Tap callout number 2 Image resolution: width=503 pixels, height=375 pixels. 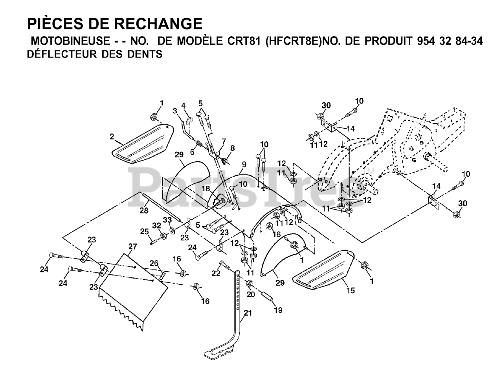click(112, 137)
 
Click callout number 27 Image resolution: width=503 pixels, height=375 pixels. click(132, 247)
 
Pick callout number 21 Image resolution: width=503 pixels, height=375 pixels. click(248, 313)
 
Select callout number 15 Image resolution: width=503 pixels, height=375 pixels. click(351, 290)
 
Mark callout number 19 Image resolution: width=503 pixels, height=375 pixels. click(278, 310)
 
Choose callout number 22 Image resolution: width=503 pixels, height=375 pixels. click(216, 273)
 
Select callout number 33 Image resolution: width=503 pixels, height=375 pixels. click(167, 220)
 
